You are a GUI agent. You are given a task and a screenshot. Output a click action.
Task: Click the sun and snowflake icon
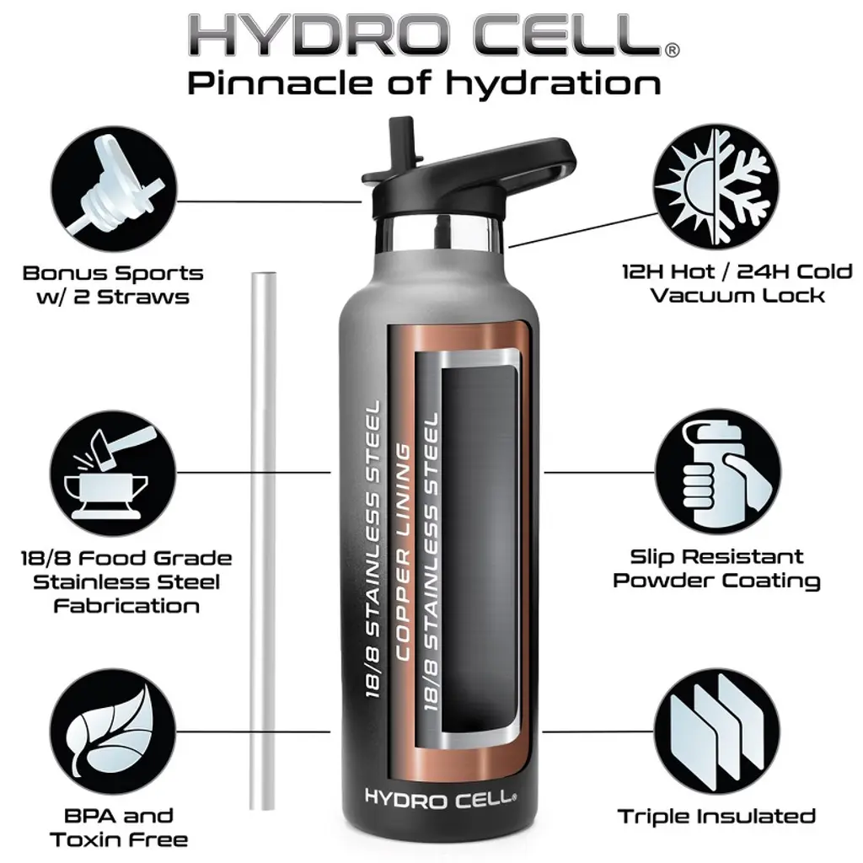pos(716,186)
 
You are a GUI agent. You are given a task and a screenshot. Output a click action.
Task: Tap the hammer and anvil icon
pos(113,473)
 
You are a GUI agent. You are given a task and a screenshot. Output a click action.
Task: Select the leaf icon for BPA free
pos(113,732)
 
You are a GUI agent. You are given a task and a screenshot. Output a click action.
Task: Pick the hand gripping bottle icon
pos(718,472)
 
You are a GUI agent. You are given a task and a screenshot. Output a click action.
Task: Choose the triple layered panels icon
pos(717,732)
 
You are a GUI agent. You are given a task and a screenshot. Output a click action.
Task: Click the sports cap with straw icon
pos(114,189)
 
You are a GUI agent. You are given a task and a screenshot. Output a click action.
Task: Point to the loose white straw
pos(263,541)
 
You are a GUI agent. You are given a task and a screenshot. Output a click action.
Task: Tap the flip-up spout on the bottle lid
pos(403,143)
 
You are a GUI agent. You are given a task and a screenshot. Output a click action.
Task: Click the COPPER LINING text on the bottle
pos(404,553)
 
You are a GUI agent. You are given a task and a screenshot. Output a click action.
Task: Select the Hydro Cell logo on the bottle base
pos(440,799)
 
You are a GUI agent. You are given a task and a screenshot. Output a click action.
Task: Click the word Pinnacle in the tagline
pos(280,83)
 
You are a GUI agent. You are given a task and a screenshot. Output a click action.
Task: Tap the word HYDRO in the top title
pos(317,35)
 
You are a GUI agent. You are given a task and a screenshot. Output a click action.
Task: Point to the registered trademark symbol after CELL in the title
pos(672,50)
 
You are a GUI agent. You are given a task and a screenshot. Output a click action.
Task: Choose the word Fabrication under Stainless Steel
pos(126,606)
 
